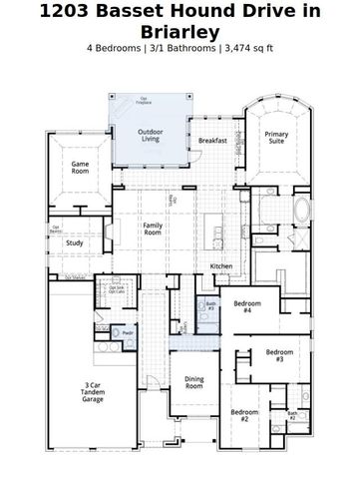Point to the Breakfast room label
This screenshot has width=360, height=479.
212,141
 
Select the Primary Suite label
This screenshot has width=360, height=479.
274,138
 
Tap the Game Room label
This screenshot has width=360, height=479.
81,169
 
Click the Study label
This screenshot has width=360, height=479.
75,242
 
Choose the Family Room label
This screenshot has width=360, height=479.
153,230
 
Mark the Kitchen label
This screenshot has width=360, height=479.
221,266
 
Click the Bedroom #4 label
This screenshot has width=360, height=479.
247,307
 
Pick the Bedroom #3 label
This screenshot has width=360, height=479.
280,355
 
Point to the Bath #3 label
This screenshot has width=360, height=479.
210,306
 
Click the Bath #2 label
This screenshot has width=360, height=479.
292,415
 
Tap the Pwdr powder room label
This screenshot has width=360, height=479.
129,332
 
